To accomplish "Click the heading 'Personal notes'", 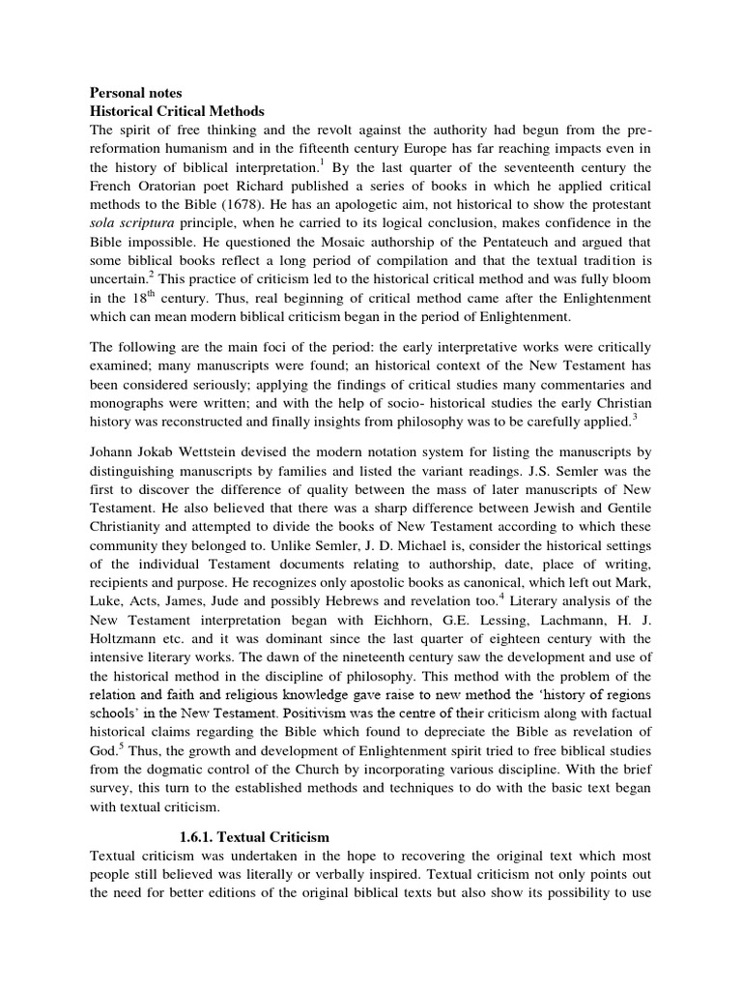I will tap(135, 94).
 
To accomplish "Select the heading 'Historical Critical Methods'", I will tap(177, 112).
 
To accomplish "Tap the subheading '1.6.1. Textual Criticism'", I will tap(255, 836).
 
